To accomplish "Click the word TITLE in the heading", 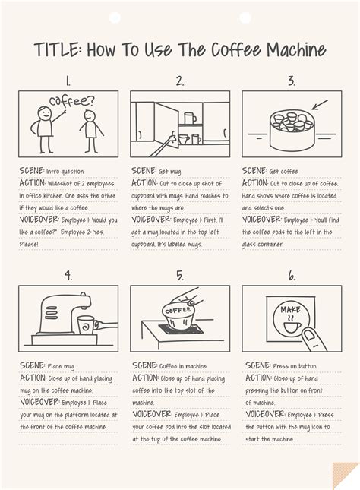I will [x=58, y=50].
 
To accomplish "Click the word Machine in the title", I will [x=294, y=50].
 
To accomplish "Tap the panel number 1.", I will [x=68, y=80].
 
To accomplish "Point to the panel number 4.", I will [x=68, y=275].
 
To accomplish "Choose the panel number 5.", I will [x=179, y=275].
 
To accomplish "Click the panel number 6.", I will [x=291, y=275].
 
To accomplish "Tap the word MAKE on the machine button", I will [x=291, y=309].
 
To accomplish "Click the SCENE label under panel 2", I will [x=144, y=172].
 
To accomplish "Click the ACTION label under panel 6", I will [x=261, y=378].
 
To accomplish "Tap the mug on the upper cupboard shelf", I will [x=190, y=117].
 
